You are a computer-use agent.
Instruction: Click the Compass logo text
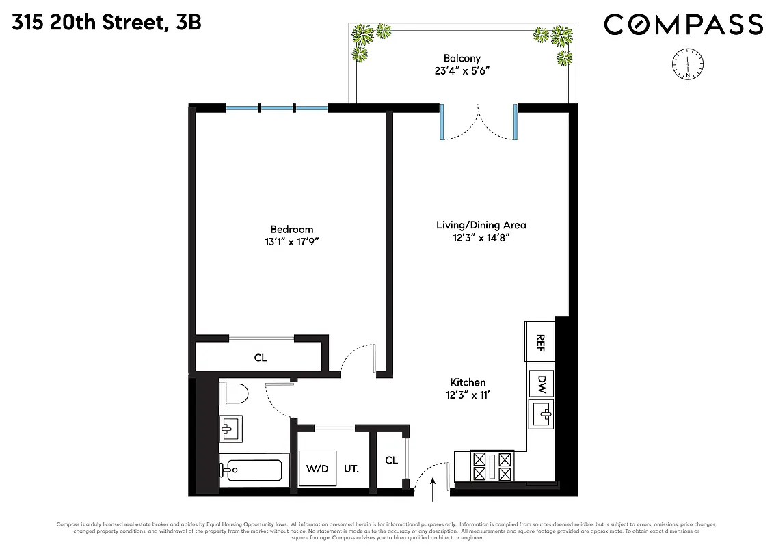pos(683,25)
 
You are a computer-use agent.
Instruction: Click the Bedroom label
pos(291,229)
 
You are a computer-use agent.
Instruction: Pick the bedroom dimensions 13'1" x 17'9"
pos(291,242)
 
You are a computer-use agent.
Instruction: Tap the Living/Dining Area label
pos(481,224)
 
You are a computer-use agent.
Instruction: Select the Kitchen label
pos(468,382)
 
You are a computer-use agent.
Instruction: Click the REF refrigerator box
pos(540,341)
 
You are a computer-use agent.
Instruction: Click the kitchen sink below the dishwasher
pos(541,414)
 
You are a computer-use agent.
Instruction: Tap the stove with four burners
pos(491,467)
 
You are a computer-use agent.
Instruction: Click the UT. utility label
pos(351,469)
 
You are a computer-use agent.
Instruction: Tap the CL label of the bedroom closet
pos(260,358)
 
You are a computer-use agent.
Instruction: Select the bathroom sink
pos(229,429)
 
